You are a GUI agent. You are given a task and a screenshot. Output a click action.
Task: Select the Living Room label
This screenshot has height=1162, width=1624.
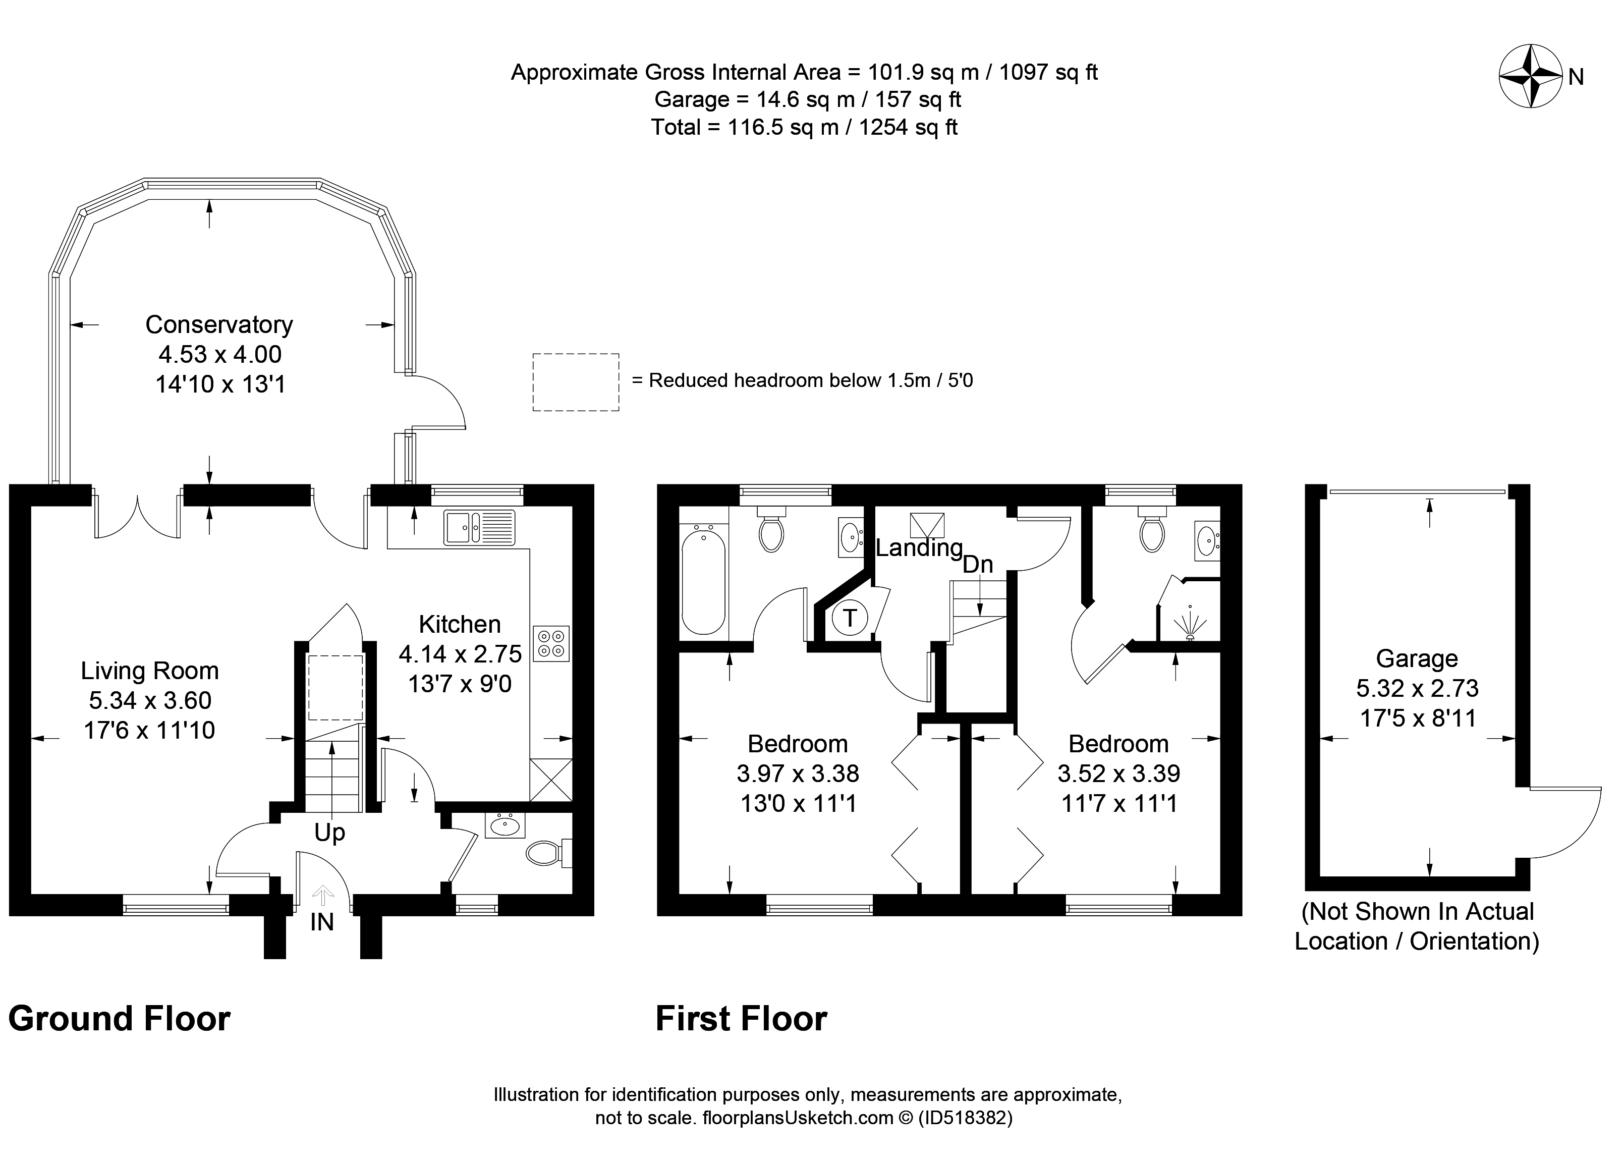pos(149,671)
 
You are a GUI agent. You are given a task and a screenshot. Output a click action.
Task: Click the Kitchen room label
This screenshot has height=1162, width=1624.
pos(459,624)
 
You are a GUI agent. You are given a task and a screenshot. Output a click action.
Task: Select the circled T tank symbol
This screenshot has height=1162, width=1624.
pos(850,618)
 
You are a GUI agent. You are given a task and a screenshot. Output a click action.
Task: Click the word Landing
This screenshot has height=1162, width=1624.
pos(919,548)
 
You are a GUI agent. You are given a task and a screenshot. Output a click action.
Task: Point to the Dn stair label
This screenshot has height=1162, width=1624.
pos(978,565)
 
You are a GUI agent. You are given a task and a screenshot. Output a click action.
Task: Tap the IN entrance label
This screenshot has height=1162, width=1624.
pos(322,922)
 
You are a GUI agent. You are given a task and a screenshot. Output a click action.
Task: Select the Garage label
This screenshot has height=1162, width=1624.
pos(1417,658)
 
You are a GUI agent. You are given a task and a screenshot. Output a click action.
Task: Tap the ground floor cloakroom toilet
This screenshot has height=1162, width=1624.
pos(549,852)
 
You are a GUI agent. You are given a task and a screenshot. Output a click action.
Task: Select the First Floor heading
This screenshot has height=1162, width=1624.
pos(741,1019)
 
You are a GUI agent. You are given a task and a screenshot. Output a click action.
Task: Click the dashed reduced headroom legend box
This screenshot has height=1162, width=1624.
pos(576,382)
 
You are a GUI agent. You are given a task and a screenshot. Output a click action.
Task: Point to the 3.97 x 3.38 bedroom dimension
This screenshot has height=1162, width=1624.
pos(798,773)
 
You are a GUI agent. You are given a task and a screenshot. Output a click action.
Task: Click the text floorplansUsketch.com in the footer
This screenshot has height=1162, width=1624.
pos(799,1118)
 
